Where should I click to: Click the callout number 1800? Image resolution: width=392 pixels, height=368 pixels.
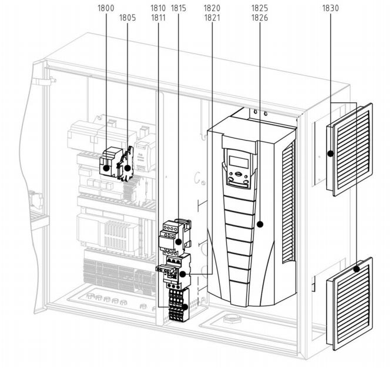point(106,8)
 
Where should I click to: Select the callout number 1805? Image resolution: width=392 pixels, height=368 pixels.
point(128,18)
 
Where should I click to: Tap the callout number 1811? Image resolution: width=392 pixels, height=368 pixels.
point(158,18)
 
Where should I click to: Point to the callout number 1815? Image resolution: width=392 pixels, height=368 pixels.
point(179,8)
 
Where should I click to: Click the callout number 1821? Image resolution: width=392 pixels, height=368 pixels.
point(212,18)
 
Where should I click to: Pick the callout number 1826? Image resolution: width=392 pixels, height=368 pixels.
point(260,18)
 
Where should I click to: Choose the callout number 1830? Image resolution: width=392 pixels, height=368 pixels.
point(330,8)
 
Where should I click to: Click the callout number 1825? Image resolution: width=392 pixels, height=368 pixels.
point(260,8)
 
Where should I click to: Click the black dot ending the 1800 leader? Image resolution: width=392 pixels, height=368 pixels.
point(106,168)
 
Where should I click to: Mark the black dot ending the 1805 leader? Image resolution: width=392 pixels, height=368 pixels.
point(128,168)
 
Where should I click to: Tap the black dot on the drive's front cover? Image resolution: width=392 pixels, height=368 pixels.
point(260,224)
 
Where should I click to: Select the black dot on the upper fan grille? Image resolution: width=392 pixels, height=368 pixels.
point(330,153)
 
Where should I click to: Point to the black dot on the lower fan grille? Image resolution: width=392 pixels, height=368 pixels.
point(357,269)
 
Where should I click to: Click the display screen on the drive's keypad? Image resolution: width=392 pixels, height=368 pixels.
point(239,162)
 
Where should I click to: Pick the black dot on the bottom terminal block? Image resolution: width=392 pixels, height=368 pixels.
point(185,307)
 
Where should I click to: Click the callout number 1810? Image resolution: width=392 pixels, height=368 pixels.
point(158,8)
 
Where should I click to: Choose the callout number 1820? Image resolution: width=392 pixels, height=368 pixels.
point(212,8)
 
